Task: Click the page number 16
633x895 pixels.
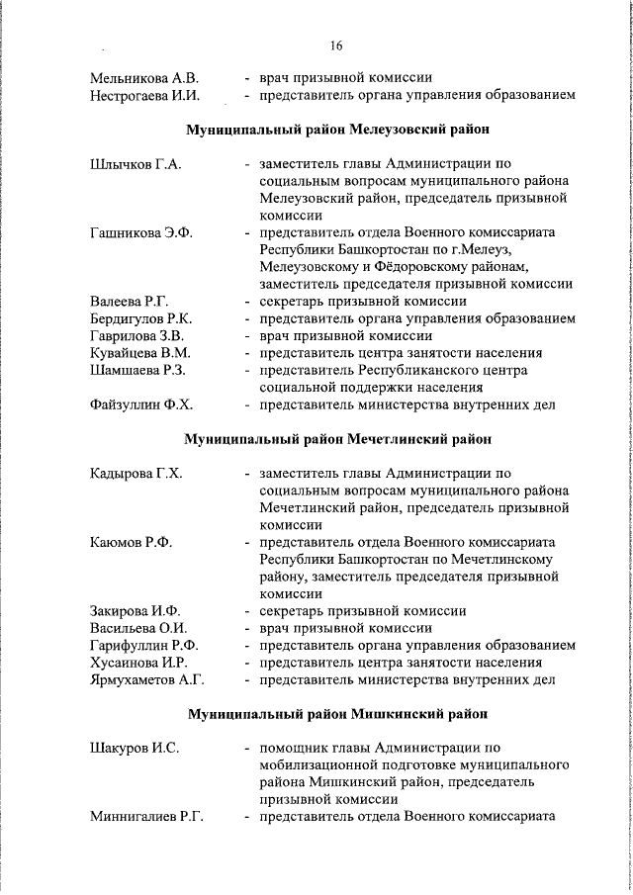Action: (x=336, y=45)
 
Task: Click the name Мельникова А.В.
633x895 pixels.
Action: (x=144, y=77)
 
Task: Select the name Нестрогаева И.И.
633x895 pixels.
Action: (x=145, y=96)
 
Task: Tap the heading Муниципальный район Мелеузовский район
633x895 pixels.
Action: (x=336, y=129)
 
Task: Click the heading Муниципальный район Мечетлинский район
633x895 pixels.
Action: (x=336, y=438)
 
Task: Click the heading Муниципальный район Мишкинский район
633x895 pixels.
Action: (x=336, y=713)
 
